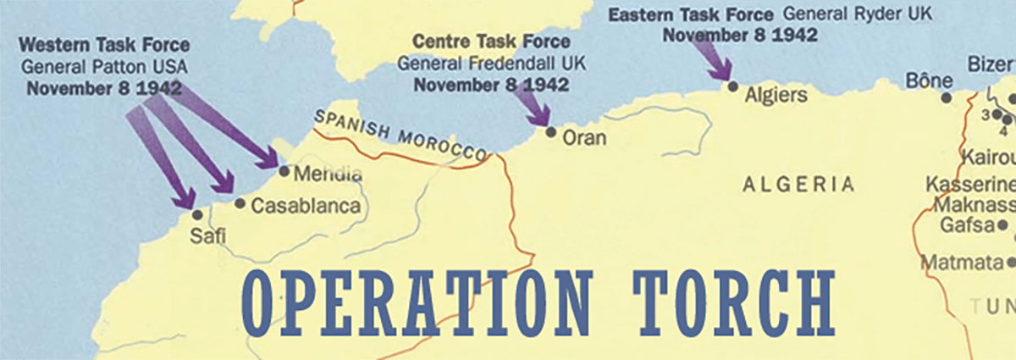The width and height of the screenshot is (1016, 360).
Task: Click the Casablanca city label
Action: click(x=306, y=206)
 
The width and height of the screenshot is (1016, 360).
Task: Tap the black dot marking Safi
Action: click(x=197, y=215)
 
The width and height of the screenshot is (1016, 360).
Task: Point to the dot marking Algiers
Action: click(x=732, y=86)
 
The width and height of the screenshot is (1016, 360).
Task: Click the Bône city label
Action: click(x=930, y=81)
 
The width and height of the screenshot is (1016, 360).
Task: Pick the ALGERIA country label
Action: click(x=798, y=185)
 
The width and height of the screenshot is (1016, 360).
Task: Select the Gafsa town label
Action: click(x=966, y=225)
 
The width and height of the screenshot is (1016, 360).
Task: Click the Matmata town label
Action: click(x=960, y=262)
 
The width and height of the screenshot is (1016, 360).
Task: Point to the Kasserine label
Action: click(x=969, y=185)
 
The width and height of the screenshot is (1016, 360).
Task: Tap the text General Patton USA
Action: click(x=104, y=66)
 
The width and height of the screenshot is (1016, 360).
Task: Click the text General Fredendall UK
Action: click(x=491, y=63)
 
